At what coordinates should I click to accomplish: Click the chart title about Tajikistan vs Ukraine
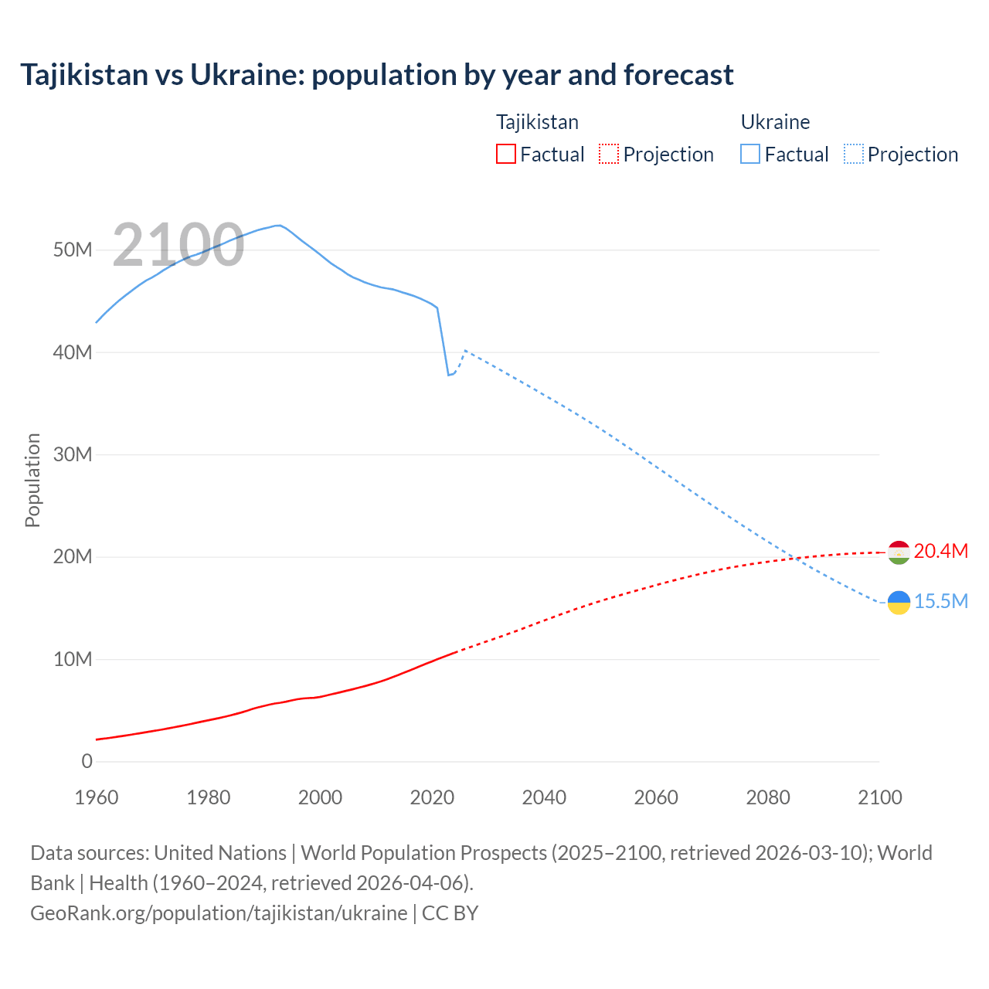coord(376,75)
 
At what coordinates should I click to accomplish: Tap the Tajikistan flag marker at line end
coord(899,552)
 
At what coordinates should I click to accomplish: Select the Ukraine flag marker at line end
coord(899,603)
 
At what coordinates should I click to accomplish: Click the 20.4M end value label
coord(940,551)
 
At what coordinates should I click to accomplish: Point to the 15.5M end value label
coord(940,601)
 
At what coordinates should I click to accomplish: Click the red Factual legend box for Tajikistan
coord(506,155)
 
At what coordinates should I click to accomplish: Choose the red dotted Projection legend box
coord(609,155)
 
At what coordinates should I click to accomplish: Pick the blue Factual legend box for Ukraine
coord(750,155)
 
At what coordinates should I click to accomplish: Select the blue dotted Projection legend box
coord(854,155)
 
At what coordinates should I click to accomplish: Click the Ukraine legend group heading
coord(775,122)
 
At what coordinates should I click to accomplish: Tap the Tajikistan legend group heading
coord(537,122)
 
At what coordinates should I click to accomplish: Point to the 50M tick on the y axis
coord(73,250)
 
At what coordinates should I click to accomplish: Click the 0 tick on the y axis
coord(87,761)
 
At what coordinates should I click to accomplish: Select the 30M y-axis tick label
coord(73,454)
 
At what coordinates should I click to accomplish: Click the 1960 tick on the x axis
coord(97,797)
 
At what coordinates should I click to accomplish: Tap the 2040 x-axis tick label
coord(544,797)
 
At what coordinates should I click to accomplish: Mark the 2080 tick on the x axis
coord(768,797)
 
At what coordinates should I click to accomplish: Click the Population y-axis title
coord(32,480)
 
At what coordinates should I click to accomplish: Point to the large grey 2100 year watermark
coord(178,246)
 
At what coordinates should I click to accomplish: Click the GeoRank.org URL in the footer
coord(219,913)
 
